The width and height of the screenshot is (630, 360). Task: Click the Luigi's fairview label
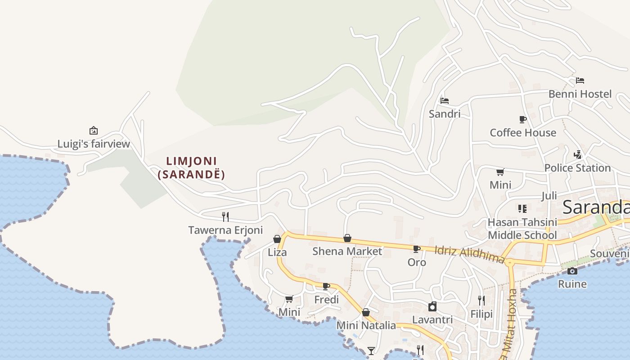[x=94, y=144]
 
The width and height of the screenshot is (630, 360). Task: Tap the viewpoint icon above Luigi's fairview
[x=94, y=130]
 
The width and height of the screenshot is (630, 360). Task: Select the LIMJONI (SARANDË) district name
[x=191, y=167]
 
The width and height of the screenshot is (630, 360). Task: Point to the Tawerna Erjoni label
[x=225, y=230]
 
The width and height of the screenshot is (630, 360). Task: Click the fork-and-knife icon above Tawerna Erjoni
[x=225, y=216]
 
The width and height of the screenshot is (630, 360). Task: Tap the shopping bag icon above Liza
[x=277, y=239]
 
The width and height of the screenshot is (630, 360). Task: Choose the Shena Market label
[x=347, y=251]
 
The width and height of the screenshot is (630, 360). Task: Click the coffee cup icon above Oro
[x=417, y=248]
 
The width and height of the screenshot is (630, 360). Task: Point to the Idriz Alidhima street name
[x=470, y=254]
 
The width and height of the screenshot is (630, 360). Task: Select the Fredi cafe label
[x=326, y=300]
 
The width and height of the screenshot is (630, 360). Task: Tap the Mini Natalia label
[x=366, y=325]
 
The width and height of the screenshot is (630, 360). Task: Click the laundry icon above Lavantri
[x=432, y=306]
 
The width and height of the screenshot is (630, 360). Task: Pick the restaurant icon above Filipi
[x=481, y=300]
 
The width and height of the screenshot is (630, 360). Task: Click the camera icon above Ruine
[x=572, y=271]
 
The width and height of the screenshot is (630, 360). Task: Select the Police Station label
[x=577, y=168]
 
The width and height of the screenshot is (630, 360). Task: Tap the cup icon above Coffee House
[x=522, y=119]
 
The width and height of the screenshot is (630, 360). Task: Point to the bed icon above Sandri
[x=445, y=100]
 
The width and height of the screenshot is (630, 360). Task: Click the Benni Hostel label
[x=580, y=94]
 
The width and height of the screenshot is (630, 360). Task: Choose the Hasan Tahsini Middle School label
[x=522, y=229]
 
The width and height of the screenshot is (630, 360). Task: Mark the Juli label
[x=549, y=196]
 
